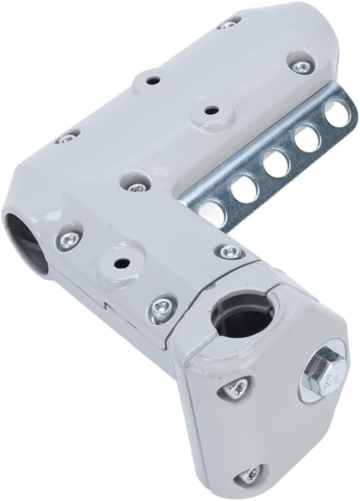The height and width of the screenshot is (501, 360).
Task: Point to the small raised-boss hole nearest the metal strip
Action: pyautogui.click(x=211, y=110)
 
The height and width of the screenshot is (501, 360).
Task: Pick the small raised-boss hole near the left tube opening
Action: pyautogui.click(x=119, y=262)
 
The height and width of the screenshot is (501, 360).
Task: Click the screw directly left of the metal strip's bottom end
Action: pyautogui.click(x=136, y=186)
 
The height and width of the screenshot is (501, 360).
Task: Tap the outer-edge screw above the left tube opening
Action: pyautogui.click(x=67, y=138)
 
